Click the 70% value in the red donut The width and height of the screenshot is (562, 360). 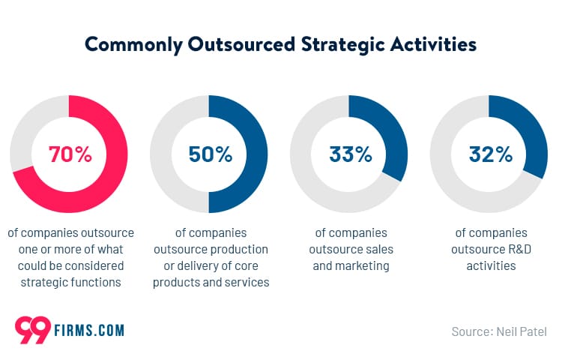pos(70,154)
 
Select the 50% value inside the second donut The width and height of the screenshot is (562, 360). pos(209,154)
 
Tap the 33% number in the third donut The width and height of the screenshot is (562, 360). pos(350,154)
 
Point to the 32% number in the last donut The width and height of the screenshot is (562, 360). pos(490,154)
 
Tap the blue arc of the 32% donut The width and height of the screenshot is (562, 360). pos(534,135)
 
